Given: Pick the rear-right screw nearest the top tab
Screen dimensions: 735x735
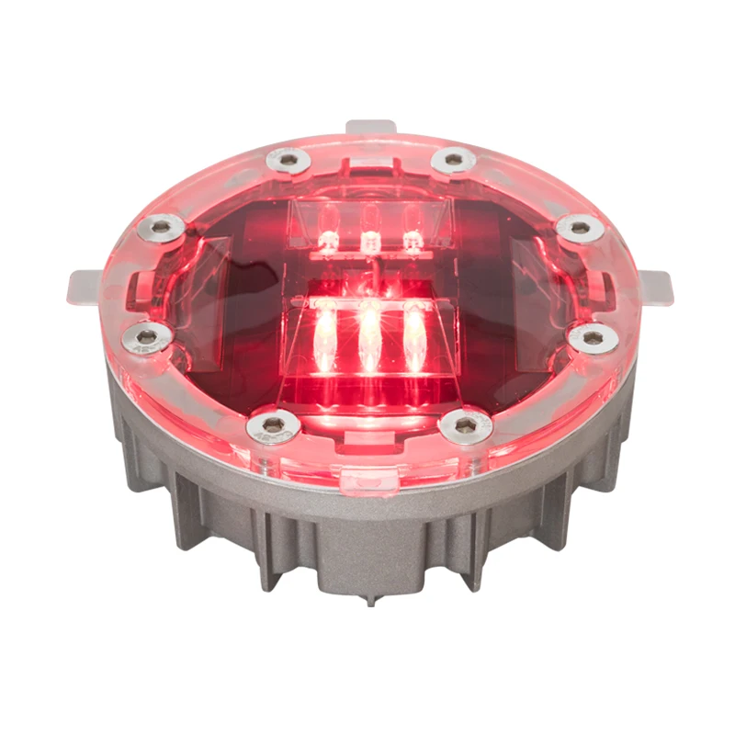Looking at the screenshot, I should (452, 161).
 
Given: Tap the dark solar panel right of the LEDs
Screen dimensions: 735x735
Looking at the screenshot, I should (514, 303).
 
